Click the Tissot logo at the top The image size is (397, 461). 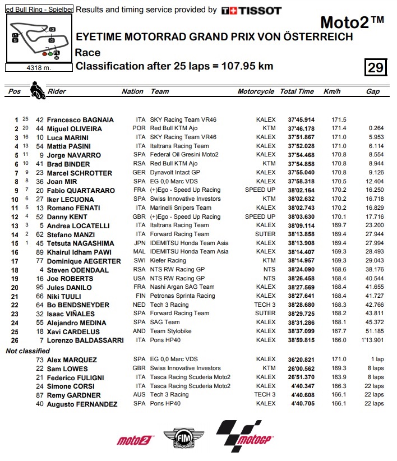click(251, 10)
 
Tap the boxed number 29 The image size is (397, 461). click(375, 67)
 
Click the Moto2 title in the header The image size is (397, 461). click(352, 23)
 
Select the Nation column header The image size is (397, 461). click(132, 91)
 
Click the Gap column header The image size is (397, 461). click(372, 91)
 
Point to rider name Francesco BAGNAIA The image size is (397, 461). click(80, 120)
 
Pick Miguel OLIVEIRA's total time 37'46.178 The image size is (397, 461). click(301, 129)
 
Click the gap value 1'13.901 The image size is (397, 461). click(372, 340)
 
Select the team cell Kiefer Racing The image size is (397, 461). click(168, 261)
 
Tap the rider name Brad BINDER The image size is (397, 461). click(70, 164)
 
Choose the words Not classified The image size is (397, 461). click(27, 351)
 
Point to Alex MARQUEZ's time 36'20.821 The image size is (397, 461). click(301, 359)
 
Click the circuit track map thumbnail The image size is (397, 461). click(39, 38)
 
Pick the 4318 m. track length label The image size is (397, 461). click(39, 68)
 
